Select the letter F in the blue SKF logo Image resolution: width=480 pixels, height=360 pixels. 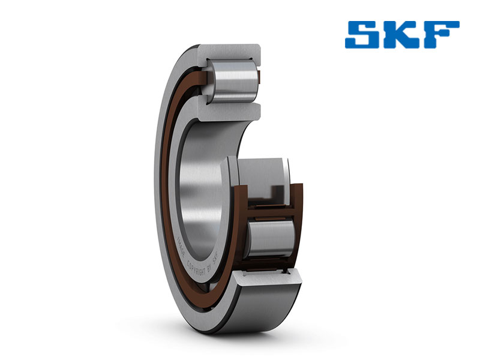[x=441, y=35]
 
